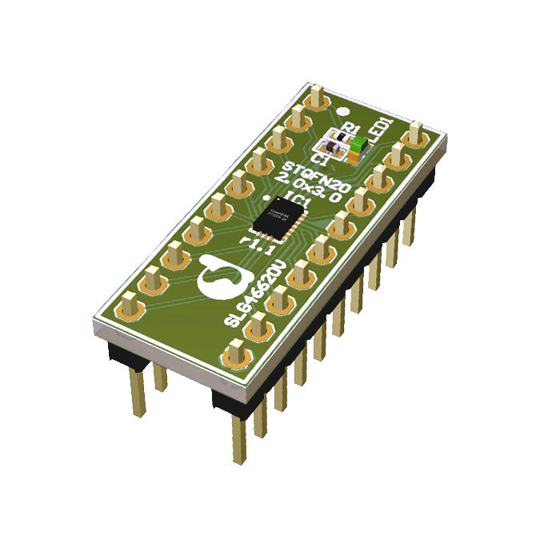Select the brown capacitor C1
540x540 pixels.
coord(328,149)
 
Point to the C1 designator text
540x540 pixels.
coord(323,161)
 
